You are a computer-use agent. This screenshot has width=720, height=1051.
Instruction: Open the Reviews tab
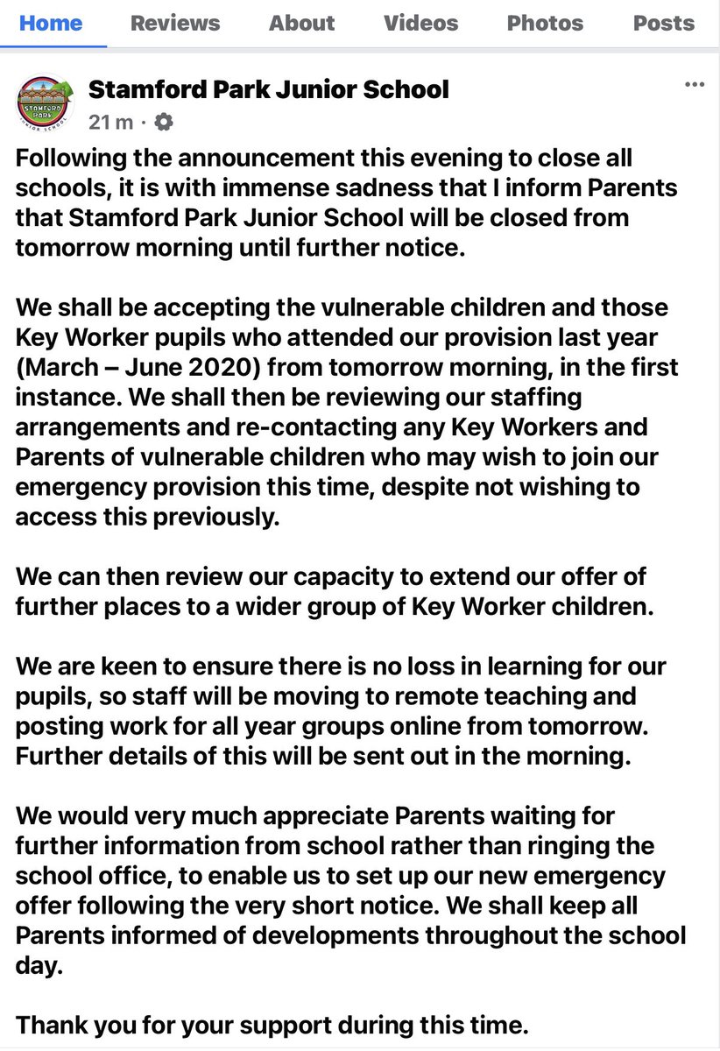pyautogui.click(x=175, y=22)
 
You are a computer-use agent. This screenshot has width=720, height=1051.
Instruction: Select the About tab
pyautogui.click(x=301, y=22)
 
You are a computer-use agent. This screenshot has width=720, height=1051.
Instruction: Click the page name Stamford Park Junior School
pyautogui.click(x=269, y=88)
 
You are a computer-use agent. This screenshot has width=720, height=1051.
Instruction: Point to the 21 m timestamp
pyautogui.click(x=110, y=123)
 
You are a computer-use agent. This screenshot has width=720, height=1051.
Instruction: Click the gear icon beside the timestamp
pyautogui.click(x=163, y=123)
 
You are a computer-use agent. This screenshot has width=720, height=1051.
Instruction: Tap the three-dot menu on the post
pyautogui.click(x=694, y=85)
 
